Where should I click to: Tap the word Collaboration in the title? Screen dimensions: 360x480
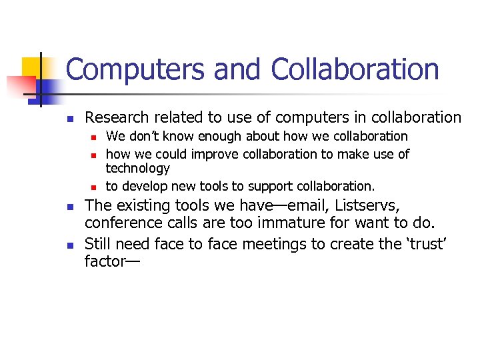[355, 70]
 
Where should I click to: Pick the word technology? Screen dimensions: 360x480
[138, 169]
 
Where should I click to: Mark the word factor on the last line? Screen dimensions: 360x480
[105, 261]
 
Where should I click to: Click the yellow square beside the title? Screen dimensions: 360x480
[31, 67]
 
